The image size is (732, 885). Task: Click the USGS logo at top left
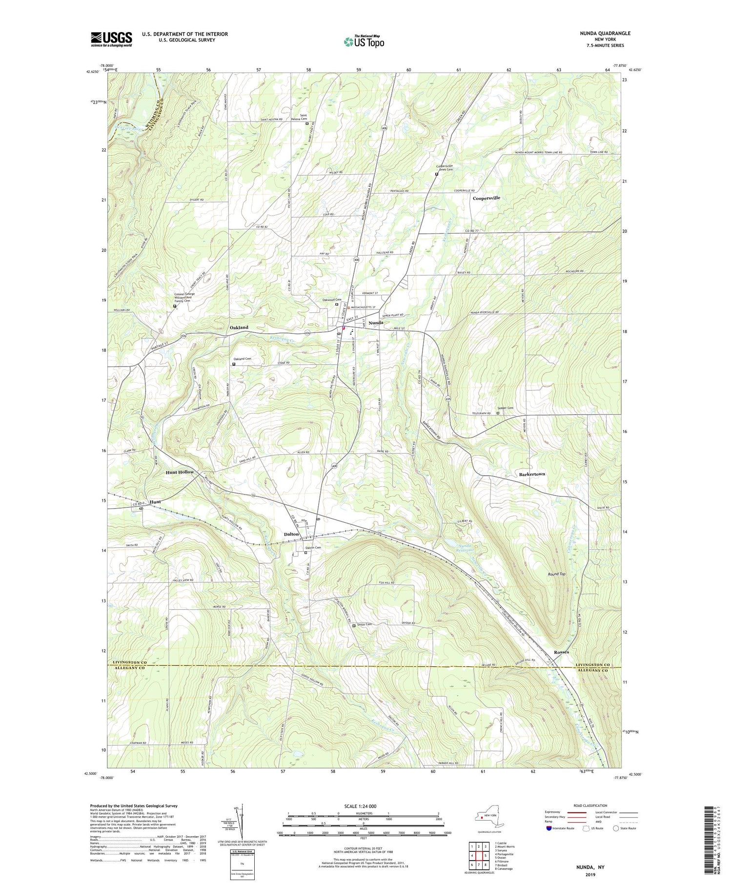coord(111,39)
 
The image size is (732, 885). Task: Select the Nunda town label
coord(376,323)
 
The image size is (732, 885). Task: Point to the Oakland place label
coord(239,328)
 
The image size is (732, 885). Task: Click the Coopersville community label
coord(487,198)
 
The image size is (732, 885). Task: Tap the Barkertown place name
coord(532,474)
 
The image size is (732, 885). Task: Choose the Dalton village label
coord(291,534)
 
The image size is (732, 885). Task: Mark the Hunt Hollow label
coord(180,472)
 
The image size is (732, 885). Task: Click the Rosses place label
coord(561,652)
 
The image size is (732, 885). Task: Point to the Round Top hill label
coord(556,574)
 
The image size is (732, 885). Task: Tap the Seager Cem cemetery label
coord(506,408)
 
